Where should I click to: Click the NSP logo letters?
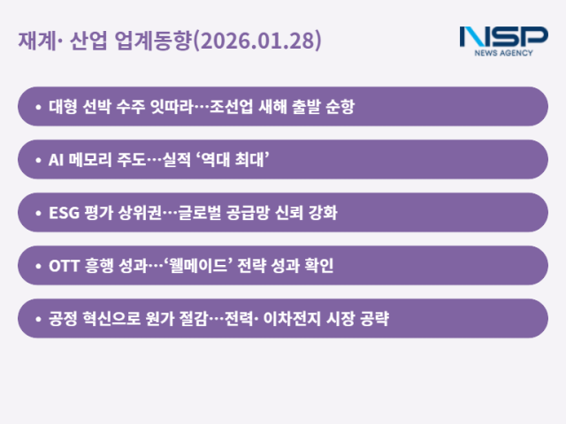tap(503, 36)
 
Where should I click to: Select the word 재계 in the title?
tap(34, 41)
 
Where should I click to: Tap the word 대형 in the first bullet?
tap(62, 107)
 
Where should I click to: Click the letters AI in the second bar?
tap(55, 160)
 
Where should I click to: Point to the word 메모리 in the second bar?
tap(91, 160)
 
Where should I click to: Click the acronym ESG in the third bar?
tap(62, 213)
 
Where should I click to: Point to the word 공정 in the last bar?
tap(62, 319)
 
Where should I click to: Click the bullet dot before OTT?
tap(38, 266)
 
